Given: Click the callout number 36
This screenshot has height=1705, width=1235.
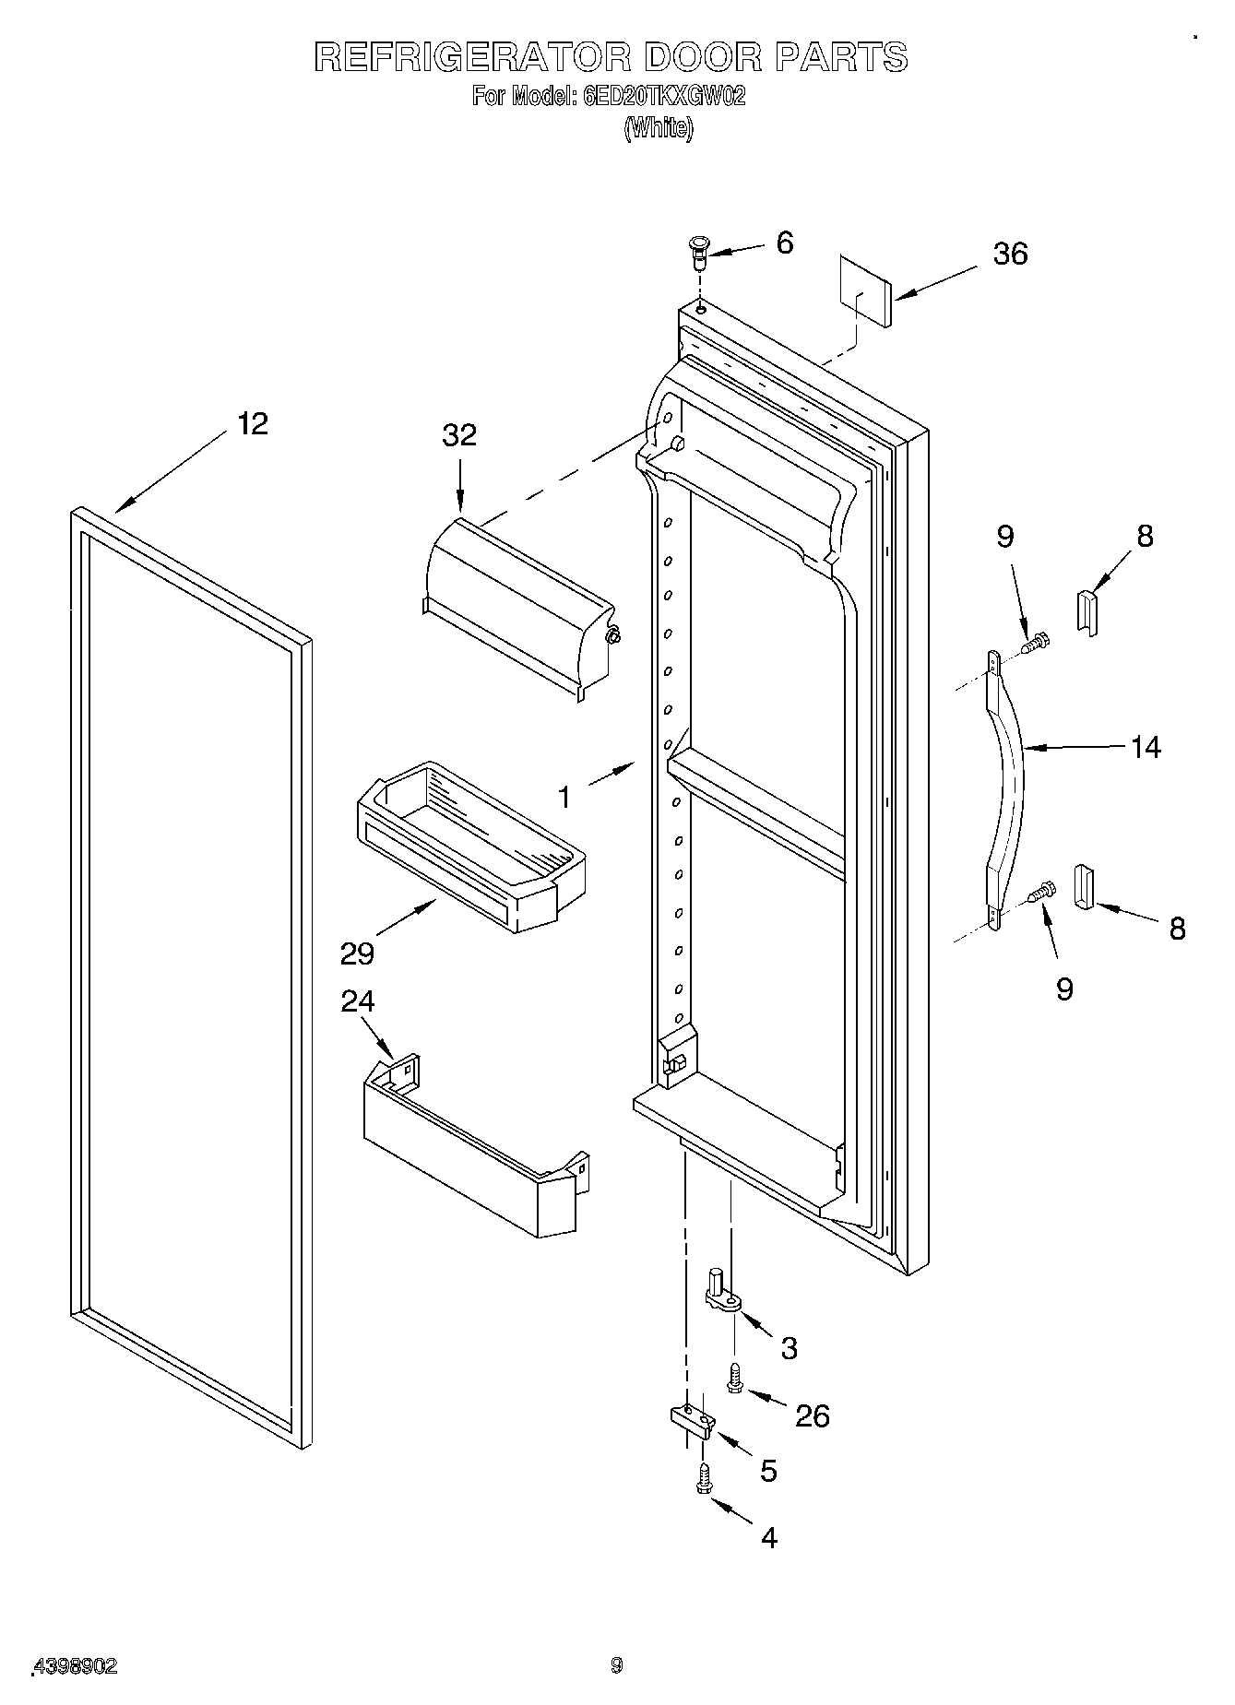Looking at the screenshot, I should click(x=1010, y=254).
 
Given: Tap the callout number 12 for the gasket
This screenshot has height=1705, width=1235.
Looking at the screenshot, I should click(x=252, y=424).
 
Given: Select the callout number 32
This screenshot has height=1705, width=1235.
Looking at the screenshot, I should click(x=459, y=434).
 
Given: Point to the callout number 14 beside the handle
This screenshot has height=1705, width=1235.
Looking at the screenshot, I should click(x=1145, y=747).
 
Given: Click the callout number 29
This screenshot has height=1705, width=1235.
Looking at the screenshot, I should click(x=357, y=953).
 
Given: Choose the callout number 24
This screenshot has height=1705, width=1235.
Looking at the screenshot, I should click(x=358, y=1001).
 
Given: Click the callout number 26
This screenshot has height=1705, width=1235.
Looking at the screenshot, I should click(x=813, y=1415).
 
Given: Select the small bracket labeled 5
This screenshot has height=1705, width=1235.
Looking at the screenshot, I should click(x=691, y=1421).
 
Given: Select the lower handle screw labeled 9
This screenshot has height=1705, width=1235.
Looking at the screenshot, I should click(x=1040, y=892).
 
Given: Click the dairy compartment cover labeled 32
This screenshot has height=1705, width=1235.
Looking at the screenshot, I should click(x=517, y=599).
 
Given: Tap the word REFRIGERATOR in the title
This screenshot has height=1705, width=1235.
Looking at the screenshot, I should click(x=472, y=57).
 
